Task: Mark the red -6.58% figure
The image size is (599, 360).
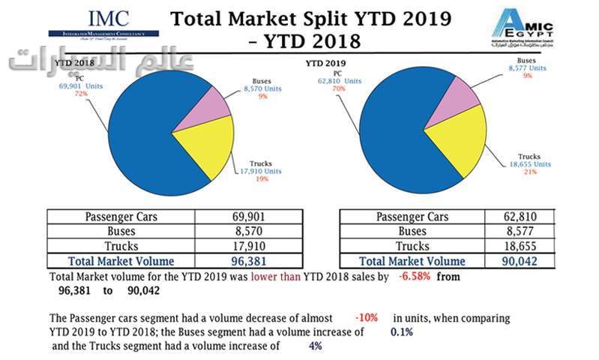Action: pos(415,277)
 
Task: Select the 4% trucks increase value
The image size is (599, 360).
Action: pos(316,346)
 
